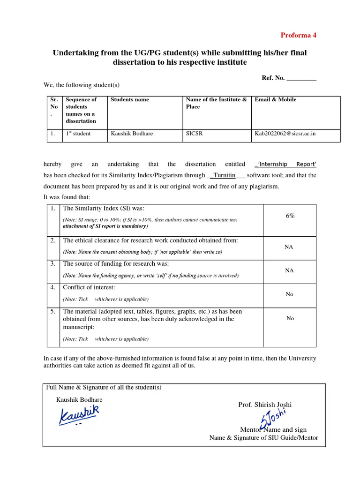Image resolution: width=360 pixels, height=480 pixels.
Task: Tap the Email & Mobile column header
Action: coord(275,99)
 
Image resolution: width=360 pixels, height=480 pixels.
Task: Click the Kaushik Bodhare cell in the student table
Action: coord(132,134)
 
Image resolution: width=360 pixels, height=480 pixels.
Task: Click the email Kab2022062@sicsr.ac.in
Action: coord(285,134)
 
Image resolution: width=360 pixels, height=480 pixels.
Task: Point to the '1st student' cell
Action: coord(78,134)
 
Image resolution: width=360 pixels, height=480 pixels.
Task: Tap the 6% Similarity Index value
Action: coord(290,216)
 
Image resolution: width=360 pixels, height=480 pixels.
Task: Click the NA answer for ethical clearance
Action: coord(289,247)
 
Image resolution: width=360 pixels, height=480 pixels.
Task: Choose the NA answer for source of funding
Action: coord(289,270)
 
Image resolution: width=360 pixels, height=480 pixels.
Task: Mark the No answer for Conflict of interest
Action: coord(289,294)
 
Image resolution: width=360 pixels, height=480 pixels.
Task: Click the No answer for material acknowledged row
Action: coord(290,318)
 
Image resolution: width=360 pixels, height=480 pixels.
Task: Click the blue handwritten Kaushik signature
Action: coord(79,414)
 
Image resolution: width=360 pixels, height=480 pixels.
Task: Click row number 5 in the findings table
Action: coord(53,311)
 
